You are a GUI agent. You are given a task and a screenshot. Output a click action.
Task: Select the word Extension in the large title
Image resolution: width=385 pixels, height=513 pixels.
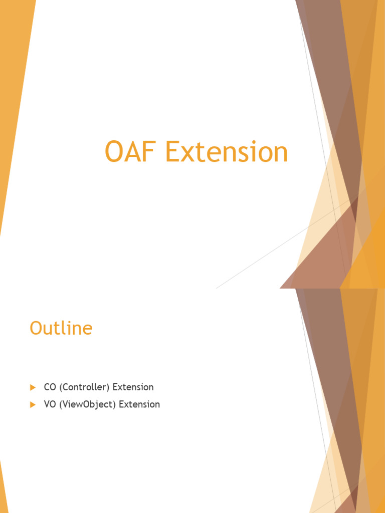click(227, 152)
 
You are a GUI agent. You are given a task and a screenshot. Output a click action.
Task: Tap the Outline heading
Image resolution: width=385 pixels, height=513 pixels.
click(61, 328)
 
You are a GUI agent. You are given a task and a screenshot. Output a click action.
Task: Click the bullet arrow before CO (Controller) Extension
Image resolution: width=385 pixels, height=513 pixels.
click(33, 387)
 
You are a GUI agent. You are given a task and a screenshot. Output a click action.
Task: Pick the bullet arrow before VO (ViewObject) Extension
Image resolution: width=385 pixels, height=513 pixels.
click(33, 404)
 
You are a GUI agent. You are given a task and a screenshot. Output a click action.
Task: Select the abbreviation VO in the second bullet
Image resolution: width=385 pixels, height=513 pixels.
click(50, 404)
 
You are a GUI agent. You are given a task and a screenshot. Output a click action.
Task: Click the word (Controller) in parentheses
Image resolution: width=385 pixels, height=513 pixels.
click(84, 387)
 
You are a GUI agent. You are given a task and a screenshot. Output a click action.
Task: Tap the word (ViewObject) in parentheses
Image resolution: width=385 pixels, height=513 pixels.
click(87, 404)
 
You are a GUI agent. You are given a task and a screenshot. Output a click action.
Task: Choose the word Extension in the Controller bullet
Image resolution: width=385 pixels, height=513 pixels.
click(133, 387)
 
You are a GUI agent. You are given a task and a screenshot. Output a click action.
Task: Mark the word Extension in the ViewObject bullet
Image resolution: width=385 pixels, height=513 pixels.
click(139, 404)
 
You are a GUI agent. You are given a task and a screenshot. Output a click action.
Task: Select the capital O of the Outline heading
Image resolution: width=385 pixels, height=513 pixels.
click(36, 328)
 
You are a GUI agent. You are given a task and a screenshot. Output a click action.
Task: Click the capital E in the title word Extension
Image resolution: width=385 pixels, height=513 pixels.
click(173, 152)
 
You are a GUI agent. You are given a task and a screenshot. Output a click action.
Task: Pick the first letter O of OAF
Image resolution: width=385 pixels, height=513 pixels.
click(114, 152)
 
